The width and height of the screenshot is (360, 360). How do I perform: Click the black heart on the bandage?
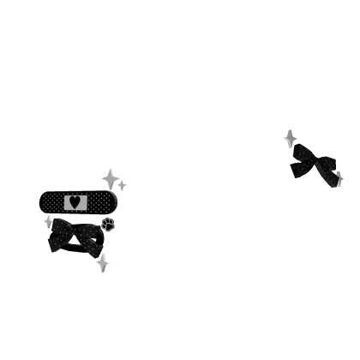pos(75,202)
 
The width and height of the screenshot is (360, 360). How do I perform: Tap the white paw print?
pos(108,224)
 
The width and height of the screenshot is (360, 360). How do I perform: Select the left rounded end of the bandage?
pos(40,202)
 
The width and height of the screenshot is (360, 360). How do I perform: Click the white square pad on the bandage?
pos(75,202)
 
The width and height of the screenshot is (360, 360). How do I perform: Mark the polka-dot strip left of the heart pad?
pos(54,202)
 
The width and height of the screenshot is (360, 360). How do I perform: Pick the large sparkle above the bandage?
pos(113,178)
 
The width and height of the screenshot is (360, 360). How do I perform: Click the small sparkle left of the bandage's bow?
pos(46,224)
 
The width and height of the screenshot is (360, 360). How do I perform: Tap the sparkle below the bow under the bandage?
pos(105,261)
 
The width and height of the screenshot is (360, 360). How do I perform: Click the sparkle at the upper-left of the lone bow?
pos(290,135)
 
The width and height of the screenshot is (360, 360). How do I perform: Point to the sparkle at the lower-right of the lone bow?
pos(340,180)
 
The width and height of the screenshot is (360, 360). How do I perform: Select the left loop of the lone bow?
pos(302,161)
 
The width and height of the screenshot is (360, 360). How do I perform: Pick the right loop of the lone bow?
pos(328,168)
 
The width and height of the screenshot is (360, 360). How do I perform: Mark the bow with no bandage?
pos(315,162)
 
